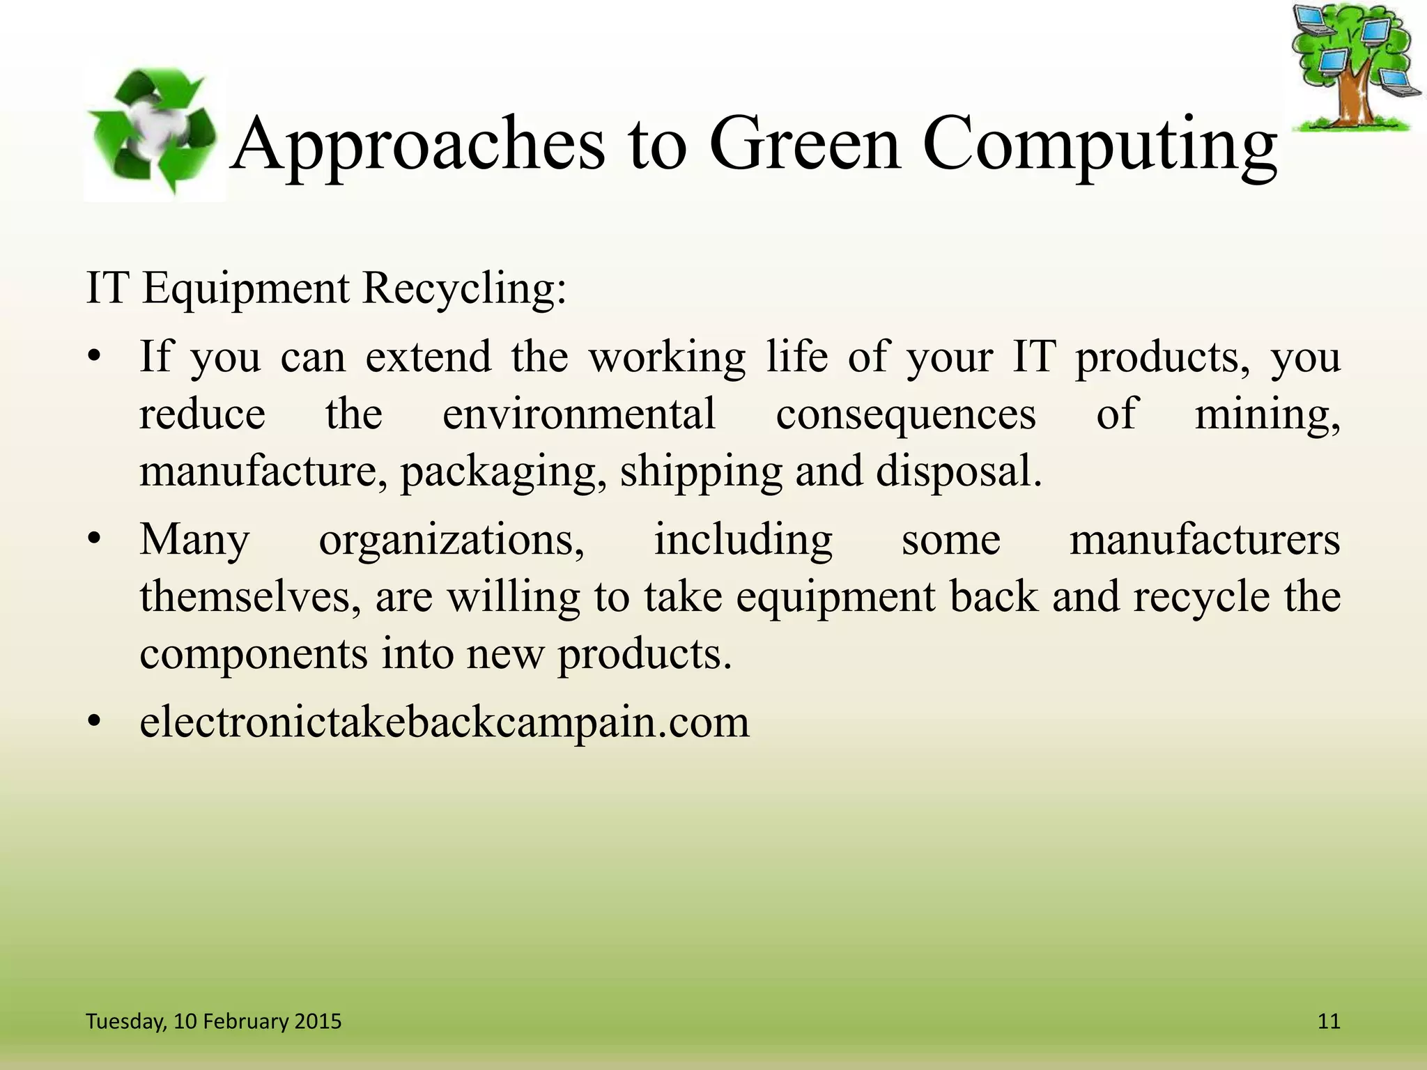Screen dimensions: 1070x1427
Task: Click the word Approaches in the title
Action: click(x=417, y=145)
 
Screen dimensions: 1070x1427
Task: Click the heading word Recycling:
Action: click(x=465, y=288)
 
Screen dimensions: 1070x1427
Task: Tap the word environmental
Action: click(x=579, y=414)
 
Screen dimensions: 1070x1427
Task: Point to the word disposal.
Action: click(x=959, y=472)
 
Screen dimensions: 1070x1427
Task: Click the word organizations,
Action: click(x=452, y=541)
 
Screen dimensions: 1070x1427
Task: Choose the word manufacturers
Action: click(x=1205, y=540)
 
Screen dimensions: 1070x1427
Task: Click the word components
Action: click(x=254, y=655)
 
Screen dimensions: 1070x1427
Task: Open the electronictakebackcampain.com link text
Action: click(x=445, y=722)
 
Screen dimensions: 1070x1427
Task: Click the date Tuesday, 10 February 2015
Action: click(x=213, y=1021)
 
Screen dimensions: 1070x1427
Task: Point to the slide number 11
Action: click(x=1329, y=1021)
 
